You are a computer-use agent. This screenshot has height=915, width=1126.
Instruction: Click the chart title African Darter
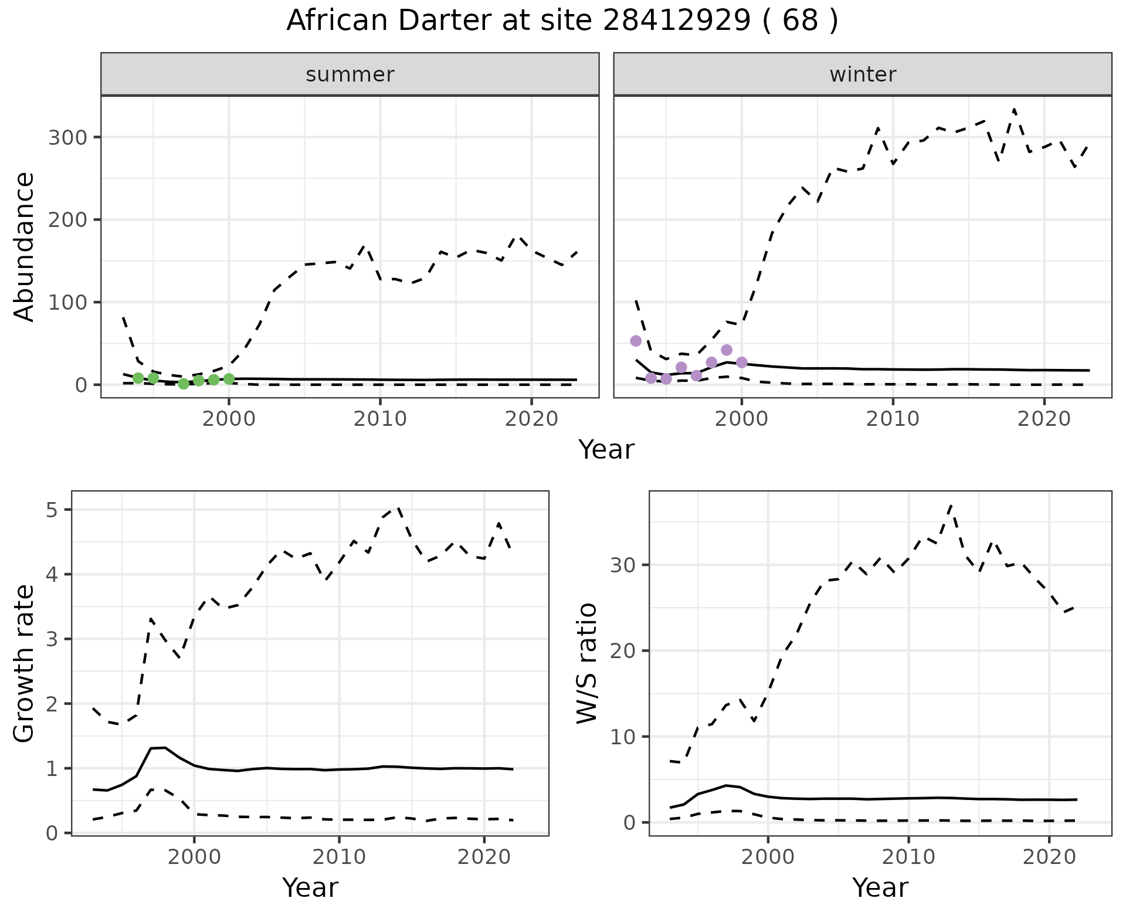(562, 21)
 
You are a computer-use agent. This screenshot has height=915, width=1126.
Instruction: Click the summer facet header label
(350, 74)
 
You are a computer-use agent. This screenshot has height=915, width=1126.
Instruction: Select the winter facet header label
(863, 74)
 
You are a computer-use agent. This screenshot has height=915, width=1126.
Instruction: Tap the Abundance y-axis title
(25, 247)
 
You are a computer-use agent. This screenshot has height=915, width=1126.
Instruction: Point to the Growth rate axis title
(25, 663)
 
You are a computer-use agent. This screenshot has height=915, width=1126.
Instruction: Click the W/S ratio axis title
(587, 663)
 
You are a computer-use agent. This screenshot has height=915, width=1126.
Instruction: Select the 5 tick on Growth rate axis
(56, 510)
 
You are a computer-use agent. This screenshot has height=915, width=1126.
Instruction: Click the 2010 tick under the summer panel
(380, 419)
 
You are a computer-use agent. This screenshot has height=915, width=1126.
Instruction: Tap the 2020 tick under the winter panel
(1044, 419)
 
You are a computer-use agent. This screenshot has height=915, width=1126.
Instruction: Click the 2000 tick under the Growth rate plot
(194, 857)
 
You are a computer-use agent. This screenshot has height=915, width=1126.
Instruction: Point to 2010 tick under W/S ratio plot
(908, 857)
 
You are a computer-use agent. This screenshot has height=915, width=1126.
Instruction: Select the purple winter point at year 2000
(742, 362)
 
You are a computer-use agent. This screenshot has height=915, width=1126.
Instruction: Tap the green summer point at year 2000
(229, 379)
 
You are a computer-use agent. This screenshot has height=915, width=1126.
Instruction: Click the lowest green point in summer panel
(184, 384)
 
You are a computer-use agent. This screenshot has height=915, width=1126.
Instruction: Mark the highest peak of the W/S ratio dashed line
(951, 505)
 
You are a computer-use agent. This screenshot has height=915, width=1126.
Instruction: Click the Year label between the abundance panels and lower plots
(606, 450)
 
